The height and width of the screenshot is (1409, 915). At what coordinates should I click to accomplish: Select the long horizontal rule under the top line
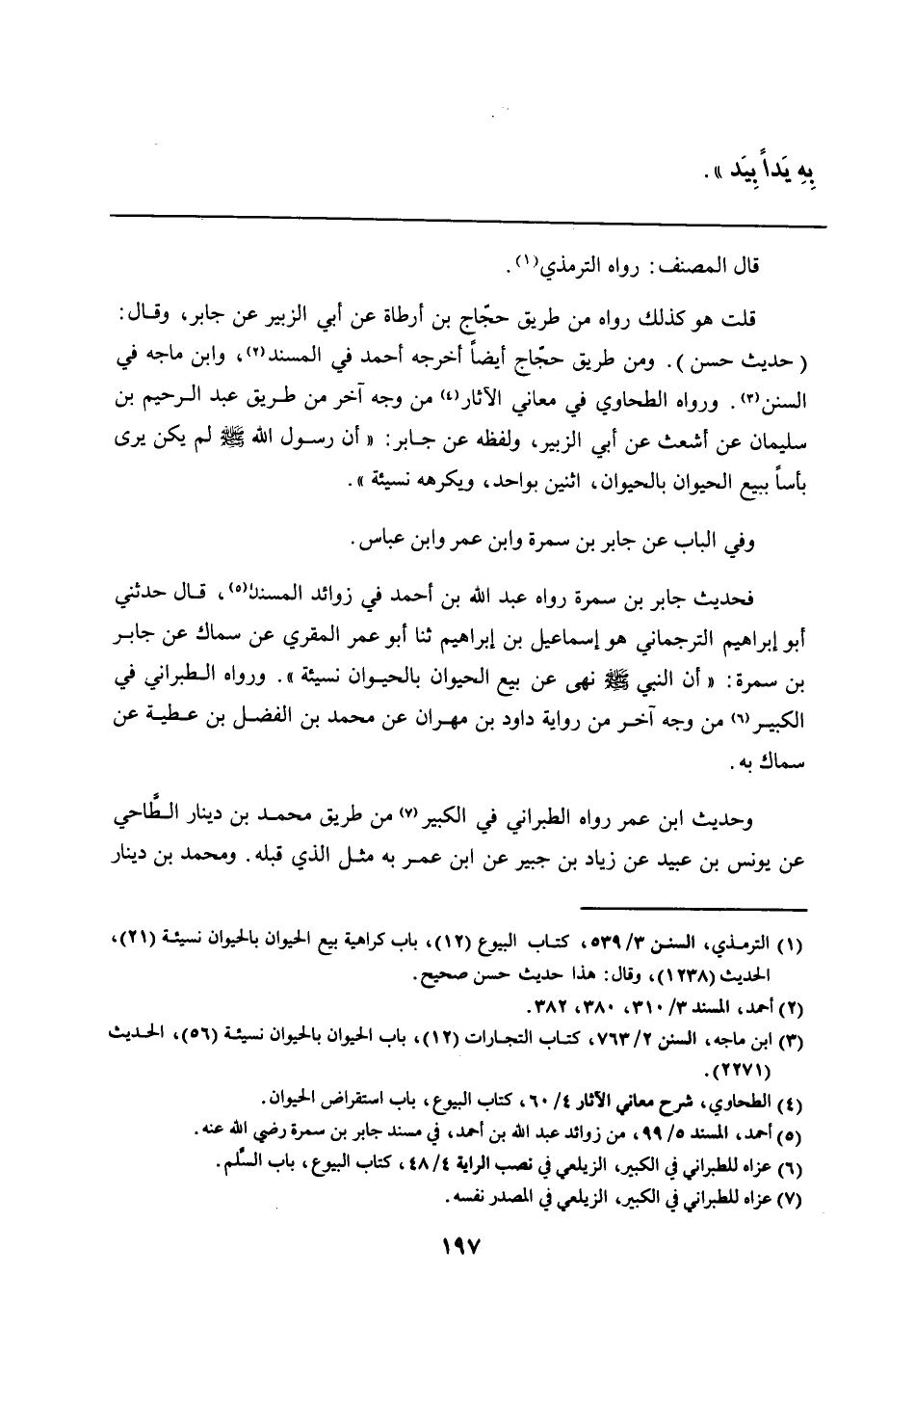coord(468,226)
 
